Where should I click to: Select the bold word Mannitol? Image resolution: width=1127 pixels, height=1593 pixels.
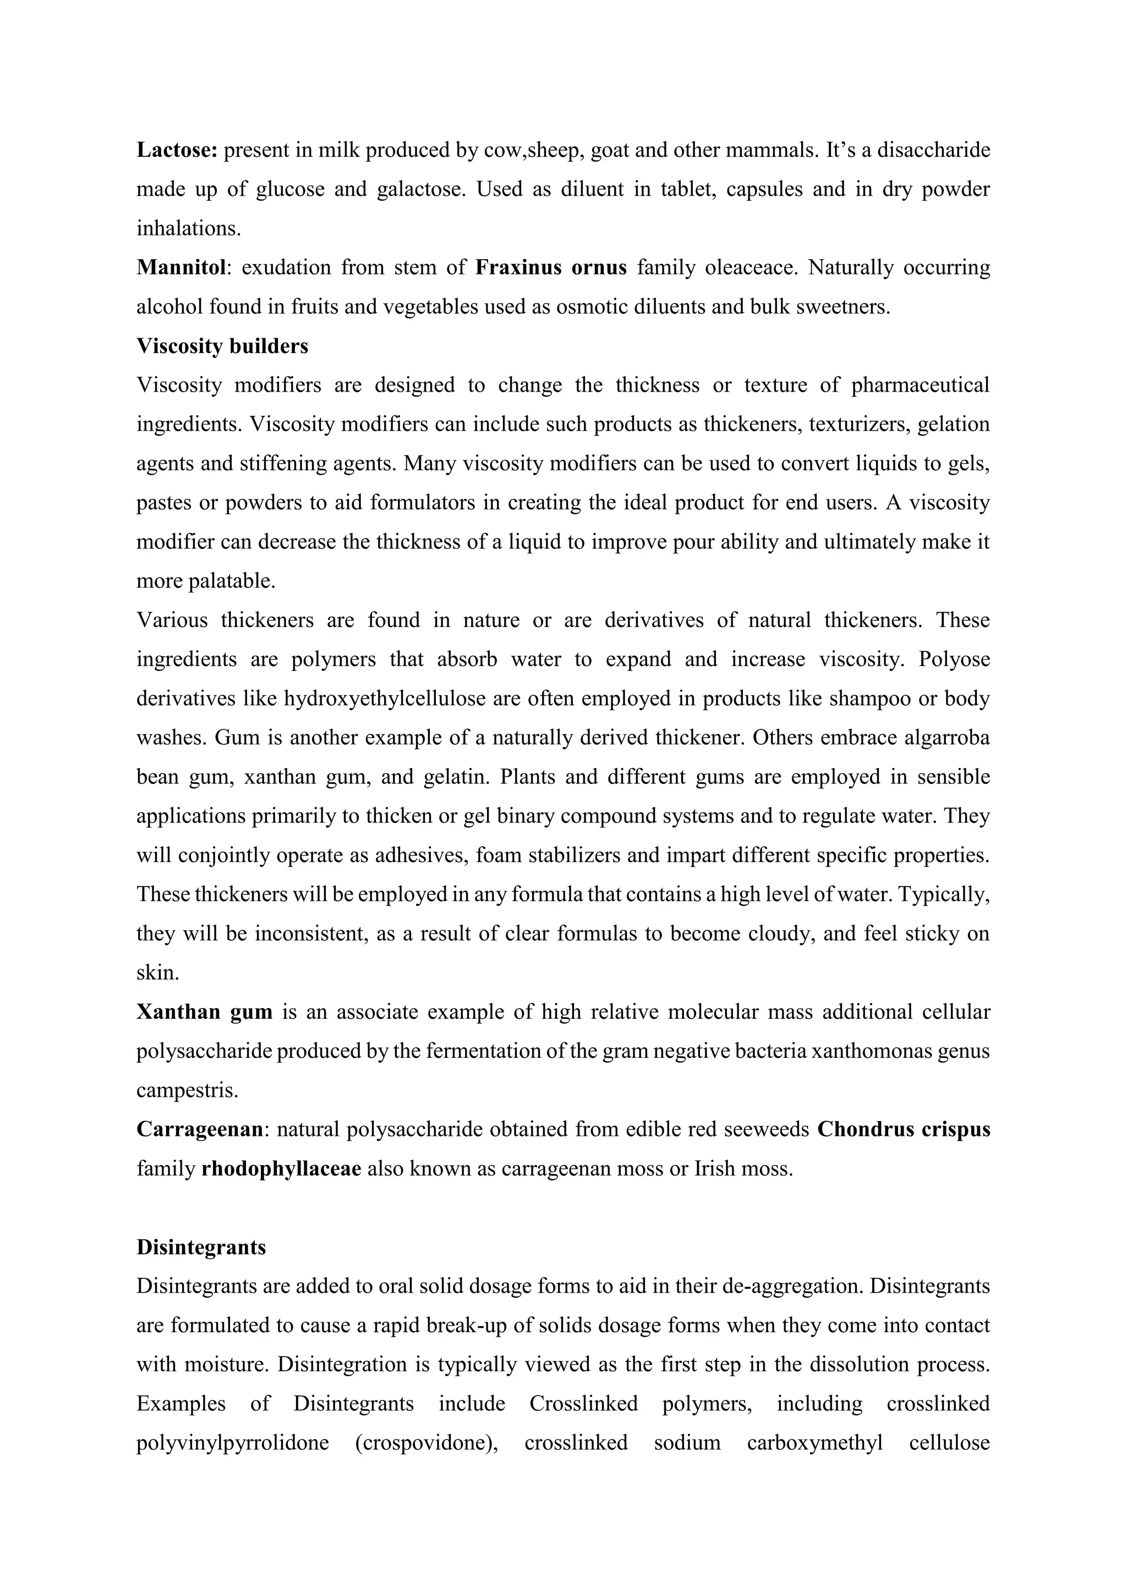click(181, 267)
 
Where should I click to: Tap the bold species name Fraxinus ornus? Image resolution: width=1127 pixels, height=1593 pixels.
click(550, 267)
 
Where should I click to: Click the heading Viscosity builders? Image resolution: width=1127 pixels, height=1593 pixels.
click(222, 345)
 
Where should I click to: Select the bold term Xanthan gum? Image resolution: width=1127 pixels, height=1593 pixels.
click(204, 1012)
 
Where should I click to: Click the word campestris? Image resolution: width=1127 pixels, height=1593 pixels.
click(187, 1090)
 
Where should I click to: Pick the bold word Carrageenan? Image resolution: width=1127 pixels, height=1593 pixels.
click(199, 1129)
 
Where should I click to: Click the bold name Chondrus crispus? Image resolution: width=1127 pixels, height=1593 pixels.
click(904, 1129)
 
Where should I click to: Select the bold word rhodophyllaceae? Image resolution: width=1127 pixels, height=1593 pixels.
click(281, 1168)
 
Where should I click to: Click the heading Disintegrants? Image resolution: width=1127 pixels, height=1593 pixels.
click(201, 1247)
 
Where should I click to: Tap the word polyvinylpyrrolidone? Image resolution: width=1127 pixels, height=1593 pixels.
click(232, 1442)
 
